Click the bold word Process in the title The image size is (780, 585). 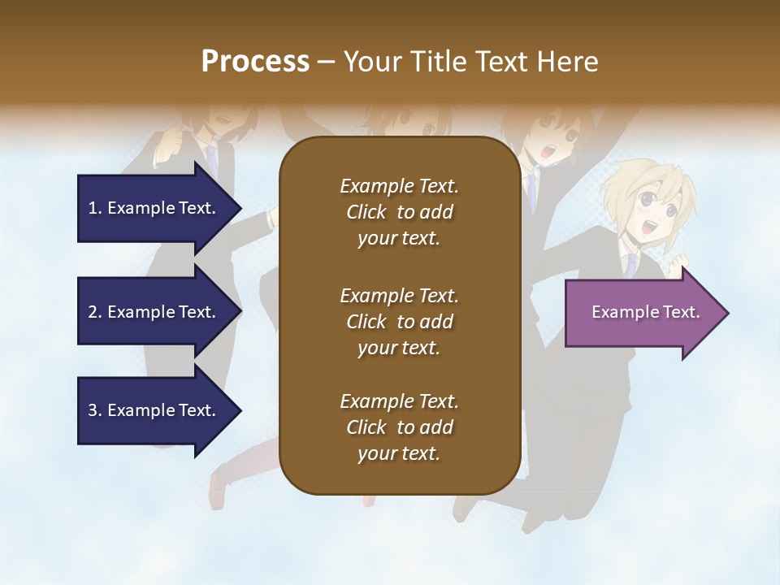(x=255, y=62)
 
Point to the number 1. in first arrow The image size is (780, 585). (x=95, y=208)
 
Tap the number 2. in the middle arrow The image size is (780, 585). (x=95, y=312)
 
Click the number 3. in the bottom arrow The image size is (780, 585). (x=95, y=410)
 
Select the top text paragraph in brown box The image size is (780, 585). (x=399, y=212)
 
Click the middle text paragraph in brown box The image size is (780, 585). (x=399, y=322)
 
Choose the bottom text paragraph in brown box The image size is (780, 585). (x=399, y=427)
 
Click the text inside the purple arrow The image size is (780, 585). (x=645, y=312)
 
